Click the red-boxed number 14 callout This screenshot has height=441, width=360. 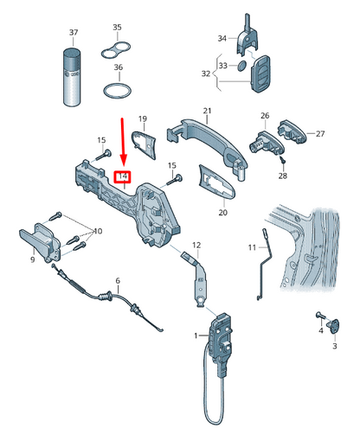[x=123, y=176]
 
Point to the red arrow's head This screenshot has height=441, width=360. [x=124, y=161]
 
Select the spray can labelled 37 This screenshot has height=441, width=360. [x=72, y=77]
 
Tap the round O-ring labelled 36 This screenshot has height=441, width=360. [x=117, y=91]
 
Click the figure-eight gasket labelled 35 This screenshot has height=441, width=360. [x=116, y=50]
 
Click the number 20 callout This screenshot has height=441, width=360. [x=222, y=213]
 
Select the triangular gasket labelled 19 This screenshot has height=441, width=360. [x=145, y=144]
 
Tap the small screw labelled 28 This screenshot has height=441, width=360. [x=283, y=160]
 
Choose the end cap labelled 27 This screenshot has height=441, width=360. [x=292, y=131]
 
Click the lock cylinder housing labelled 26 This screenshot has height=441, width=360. [x=267, y=144]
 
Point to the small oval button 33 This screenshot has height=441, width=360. [x=242, y=66]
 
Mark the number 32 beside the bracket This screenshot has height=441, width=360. [x=206, y=73]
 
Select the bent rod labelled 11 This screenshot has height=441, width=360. [x=265, y=265]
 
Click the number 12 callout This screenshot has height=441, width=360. [x=196, y=246]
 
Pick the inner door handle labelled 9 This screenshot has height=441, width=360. [x=40, y=242]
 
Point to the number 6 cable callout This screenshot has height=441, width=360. [x=118, y=280]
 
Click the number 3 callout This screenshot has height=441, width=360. [x=335, y=346]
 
